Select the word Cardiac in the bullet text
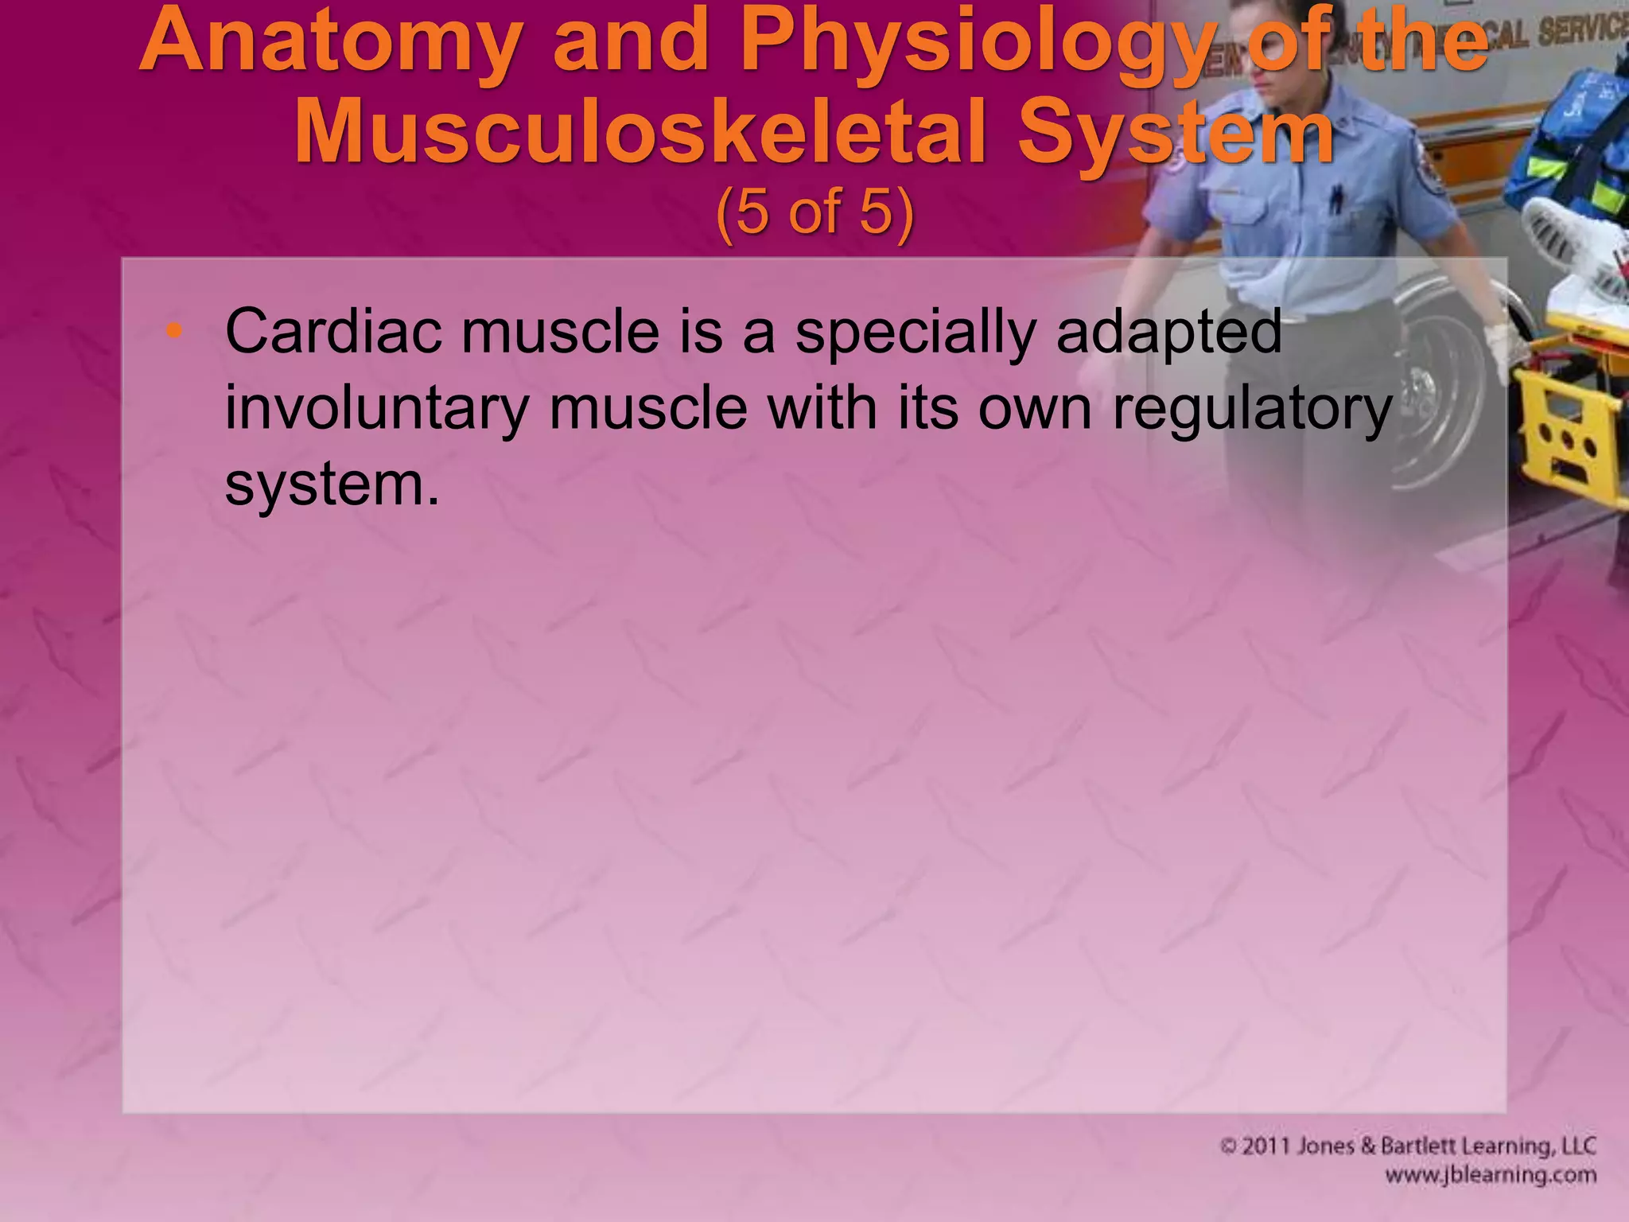pos(333,331)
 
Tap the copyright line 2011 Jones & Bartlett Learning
pos(1408,1146)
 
